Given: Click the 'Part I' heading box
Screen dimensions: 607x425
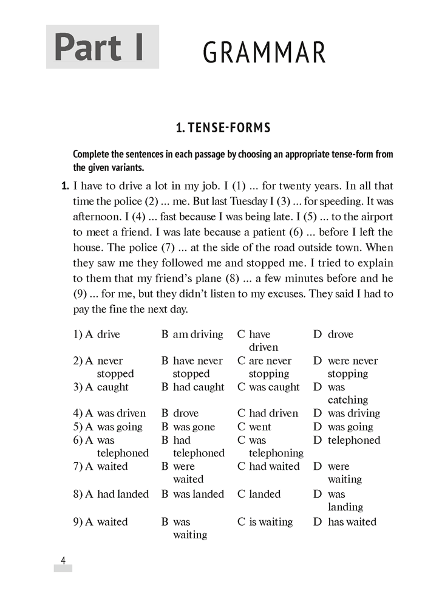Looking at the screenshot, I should click(x=102, y=47).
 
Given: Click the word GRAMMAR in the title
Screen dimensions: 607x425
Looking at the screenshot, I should click(x=264, y=53).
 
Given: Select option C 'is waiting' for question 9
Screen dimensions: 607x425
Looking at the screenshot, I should click(x=271, y=521).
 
